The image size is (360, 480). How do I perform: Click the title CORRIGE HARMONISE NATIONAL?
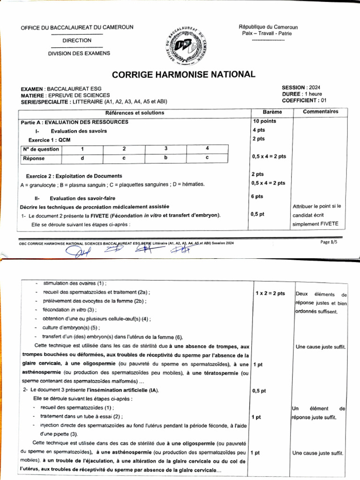tap(184, 75)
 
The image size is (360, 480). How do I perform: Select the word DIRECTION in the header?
tap(77, 41)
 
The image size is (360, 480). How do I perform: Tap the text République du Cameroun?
tap(268, 28)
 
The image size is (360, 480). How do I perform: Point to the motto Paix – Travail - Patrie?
tap(268, 34)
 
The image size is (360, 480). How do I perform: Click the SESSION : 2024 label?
tap(301, 88)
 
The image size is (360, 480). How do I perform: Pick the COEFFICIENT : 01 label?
tap(303, 100)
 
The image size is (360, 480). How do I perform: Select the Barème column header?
tap(272, 112)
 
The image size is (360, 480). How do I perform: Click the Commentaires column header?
tap(320, 112)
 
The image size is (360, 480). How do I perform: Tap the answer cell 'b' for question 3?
tap(165, 158)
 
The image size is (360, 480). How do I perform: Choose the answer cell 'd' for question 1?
tap(82, 158)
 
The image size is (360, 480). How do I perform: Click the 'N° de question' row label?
tap(41, 150)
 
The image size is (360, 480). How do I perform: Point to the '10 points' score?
tap(264, 121)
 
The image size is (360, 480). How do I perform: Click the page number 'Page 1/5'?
tap(329, 242)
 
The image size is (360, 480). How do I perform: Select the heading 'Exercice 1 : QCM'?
tap(50, 140)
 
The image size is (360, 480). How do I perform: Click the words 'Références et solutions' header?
tap(135, 112)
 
